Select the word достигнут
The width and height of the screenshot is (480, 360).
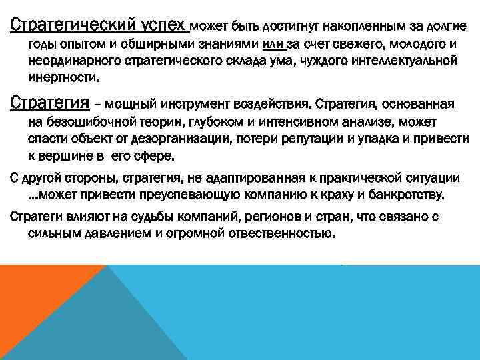coord(291,28)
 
